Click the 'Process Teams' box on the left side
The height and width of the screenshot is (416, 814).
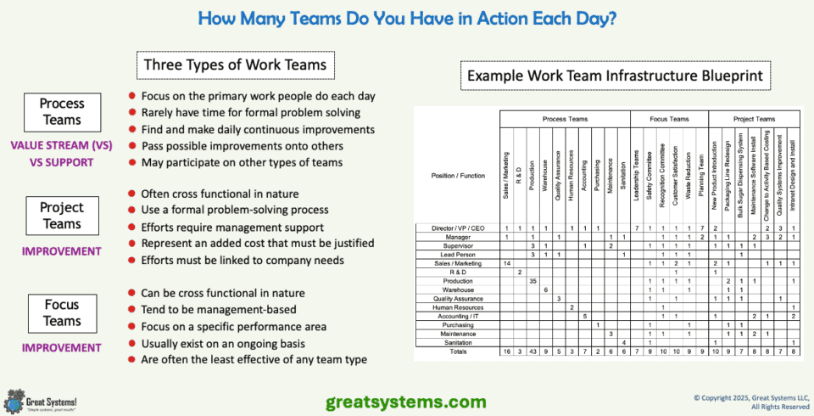pos(63,112)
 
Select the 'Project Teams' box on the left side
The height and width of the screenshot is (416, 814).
pos(63,216)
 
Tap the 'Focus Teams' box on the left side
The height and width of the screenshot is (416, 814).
pos(63,312)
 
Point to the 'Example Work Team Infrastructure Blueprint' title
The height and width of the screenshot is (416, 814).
pos(615,77)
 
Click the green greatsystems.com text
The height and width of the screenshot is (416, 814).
pos(406,401)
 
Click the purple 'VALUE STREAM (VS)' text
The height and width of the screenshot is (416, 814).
pos(62,145)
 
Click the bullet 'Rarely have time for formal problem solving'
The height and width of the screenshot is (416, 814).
pos(251,112)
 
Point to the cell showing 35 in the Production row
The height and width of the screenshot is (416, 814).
pos(532,280)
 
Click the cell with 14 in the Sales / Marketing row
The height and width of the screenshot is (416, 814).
pos(506,264)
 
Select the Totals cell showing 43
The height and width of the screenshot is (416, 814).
pos(532,351)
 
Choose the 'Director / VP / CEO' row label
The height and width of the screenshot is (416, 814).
pos(458,228)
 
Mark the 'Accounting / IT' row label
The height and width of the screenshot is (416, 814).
pos(458,316)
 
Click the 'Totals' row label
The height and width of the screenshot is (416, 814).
pos(458,351)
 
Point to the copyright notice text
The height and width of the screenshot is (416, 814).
pos(751,401)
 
